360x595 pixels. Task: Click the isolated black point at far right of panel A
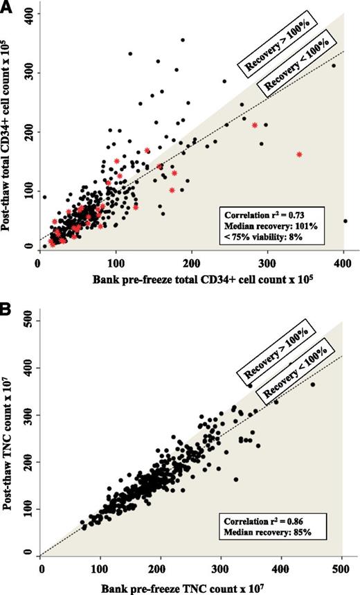tap(345, 221)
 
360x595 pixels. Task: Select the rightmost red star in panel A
tap(299, 154)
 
